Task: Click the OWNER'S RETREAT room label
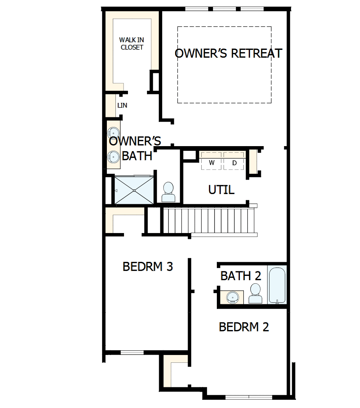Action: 228,53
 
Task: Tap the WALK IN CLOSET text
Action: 131,44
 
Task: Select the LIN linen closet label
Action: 122,105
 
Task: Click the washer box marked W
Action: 212,162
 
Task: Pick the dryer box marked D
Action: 234,162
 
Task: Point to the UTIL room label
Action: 221,190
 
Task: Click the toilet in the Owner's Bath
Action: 168,192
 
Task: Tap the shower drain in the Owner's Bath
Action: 134,190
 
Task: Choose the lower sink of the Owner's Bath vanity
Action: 113,157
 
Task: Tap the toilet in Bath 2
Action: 255,293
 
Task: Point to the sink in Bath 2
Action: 232,297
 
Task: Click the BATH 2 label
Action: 240,276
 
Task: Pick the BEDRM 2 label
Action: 244,327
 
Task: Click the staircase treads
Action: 209,221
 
